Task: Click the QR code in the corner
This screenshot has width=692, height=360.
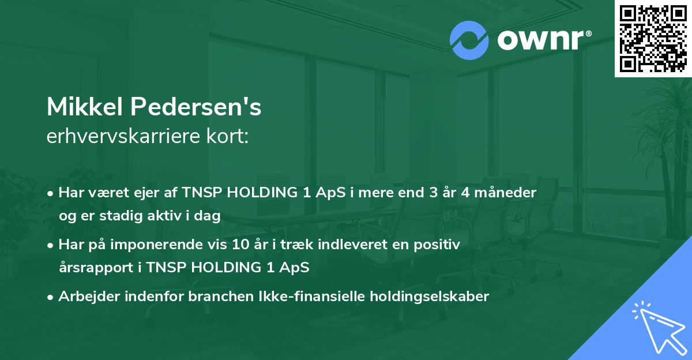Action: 653,38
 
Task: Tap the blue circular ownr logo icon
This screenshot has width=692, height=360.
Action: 469,40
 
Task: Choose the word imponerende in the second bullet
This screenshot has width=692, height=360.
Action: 158,245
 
